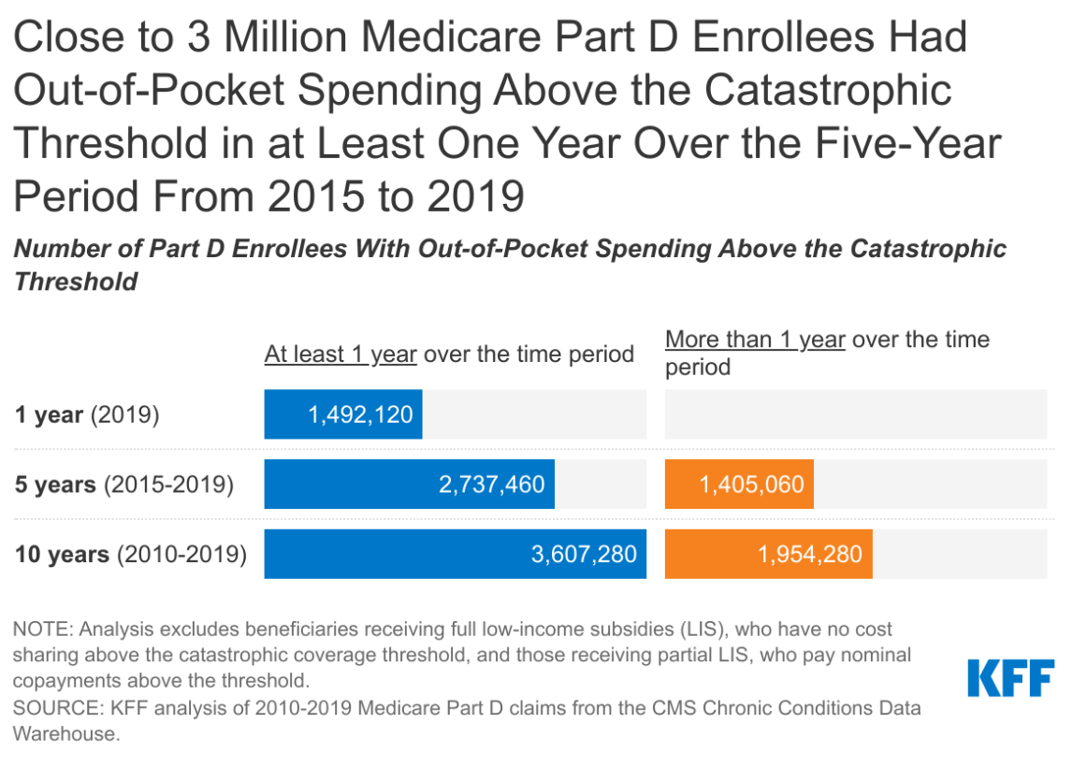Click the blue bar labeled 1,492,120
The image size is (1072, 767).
pyautogui.click(x=342, y=414)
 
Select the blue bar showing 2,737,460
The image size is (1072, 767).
pyautogui.click(x=409, y=485)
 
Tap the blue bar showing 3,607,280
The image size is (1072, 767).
pyautogui.click(x=455, y=554)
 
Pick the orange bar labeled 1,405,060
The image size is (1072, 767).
pyautogui.click(x=739, y=485)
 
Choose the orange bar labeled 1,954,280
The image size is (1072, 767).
pyautogui.click(x=768, y=554)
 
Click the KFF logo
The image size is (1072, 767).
pyautogui.click(x=1010, y=678)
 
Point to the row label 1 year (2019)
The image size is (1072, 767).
pyautogui.click(x=87, y=415)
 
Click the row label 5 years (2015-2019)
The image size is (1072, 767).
pyautogui.click(x=123, y=485)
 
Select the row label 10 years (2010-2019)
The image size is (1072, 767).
pyautogui.click(x=130, y=555)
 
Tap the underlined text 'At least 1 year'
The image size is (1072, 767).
pyautogui.click(x=340, y=355)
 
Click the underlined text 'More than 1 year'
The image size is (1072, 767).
pyautogui.click(x=755, y=340)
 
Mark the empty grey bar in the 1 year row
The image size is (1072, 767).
pyautogui.click(x=855, y=414)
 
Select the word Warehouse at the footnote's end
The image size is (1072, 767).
pyautogui.click(x=66, y=734)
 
